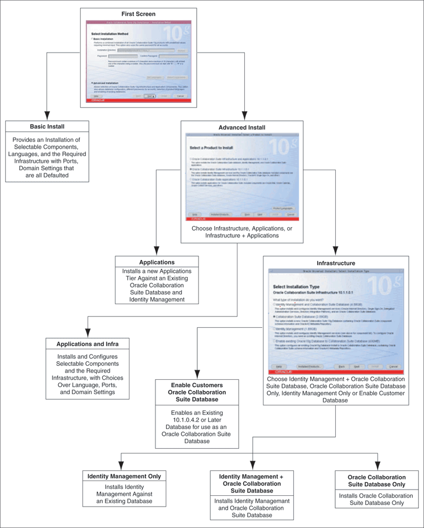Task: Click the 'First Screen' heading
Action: click(x=138, y=14)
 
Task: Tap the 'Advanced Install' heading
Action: click(x=241, y=127)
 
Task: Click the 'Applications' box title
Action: click(x=157, y=262)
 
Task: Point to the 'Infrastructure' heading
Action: click(x=336, y=263)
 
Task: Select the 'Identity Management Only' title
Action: click(x=124, y=476)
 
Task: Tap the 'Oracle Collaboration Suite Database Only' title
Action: click(x=377, y=481)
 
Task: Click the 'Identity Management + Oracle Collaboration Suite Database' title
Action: click(x=251, y=484)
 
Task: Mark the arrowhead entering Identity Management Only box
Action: click(x=124, y=465)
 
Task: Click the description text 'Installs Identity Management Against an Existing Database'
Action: click(x=124, y=494)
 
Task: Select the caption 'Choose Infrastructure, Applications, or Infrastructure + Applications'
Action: click(x=241, y=232)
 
